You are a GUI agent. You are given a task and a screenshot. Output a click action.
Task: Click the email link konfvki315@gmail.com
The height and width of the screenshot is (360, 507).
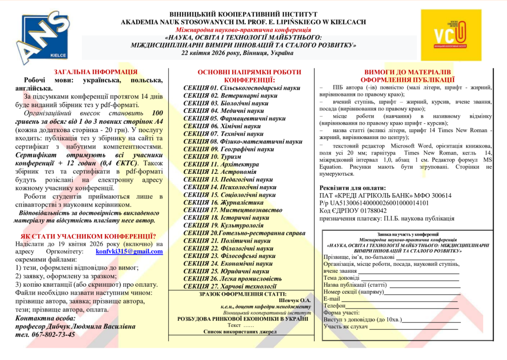[x=129, y=252]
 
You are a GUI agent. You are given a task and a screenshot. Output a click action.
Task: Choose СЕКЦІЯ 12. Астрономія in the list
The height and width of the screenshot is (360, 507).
[x=213, y=172]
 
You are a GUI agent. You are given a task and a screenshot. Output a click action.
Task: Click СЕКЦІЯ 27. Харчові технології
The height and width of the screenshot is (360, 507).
[x=230, y=286]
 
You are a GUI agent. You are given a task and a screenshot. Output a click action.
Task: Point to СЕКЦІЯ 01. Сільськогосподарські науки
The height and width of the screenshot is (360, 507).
[x=242, y=88]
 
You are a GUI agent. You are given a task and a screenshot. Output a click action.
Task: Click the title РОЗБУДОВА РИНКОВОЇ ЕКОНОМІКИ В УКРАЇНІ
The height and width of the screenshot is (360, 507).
[x=242, y=319]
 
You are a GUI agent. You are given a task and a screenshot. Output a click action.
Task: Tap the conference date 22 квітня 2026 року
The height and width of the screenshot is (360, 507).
[x=218, y=52]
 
